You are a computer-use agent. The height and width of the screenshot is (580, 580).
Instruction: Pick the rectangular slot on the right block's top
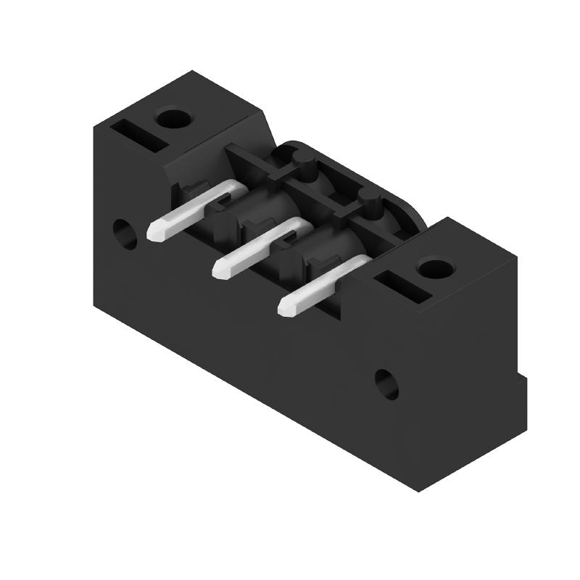pyautogui.click(x=403, y=286)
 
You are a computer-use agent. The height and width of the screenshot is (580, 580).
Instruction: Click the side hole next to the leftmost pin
pyautogui.click(x=125, y=233)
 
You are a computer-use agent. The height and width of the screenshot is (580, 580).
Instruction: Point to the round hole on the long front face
pyautogui.click(x=386, y=384)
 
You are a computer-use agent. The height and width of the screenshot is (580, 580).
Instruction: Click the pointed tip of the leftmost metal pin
pyautogui.click(x=154, y=233)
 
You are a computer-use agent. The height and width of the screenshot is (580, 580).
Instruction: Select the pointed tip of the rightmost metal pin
pyautogui.click(x=286, y=307)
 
